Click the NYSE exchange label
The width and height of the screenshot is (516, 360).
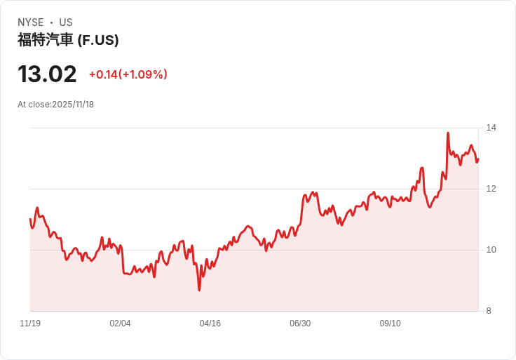tap(30, 22)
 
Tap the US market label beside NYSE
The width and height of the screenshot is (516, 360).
tap(66, 22)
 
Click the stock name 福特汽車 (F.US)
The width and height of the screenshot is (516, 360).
tap(68, 40)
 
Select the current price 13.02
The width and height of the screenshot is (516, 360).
tap(47, 74)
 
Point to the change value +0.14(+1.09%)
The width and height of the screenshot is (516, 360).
tap(128, 74)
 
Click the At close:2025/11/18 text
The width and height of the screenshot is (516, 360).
tap(55, 105)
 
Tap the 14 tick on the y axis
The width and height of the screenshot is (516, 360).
tap(491, 128)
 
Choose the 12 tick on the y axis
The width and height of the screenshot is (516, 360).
tap(491, 189)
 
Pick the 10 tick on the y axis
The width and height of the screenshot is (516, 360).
tap(491, 250)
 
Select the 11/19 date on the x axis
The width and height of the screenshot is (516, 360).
tap(30, 324)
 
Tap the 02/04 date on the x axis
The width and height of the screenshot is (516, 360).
tap(120, 324)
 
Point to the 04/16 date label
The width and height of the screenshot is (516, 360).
tap(210, 324)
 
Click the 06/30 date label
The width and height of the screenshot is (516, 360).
tap(300, 324)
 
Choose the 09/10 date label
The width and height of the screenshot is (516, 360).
tap(390, 324)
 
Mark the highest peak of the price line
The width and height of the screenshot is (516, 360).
tap(448, 133)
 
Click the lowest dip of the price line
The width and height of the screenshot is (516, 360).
tap(199, 290)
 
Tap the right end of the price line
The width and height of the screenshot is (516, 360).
tap(478, 159)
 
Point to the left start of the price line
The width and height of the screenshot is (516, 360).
tap(30, 220)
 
